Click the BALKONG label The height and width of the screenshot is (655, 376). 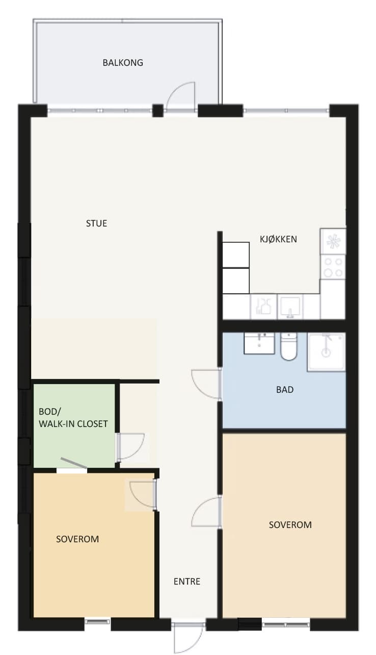click(123, 63)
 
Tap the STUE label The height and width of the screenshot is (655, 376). click(96, 223)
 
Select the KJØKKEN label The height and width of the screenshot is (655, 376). click(278, 239)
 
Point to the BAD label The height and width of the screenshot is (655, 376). click(285, 390)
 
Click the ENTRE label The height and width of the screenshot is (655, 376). click(187, 582)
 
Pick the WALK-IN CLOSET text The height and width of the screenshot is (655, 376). click(73, 424)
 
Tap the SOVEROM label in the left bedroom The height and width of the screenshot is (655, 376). click(77, 539)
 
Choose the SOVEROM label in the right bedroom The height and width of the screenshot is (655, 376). click(290, 524)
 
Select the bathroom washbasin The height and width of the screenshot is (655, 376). click(259, 343)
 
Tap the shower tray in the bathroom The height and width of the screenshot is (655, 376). click(327, 352)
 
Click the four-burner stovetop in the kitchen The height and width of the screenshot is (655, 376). click(333, 267)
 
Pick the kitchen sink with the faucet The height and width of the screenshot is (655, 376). click(290, 307)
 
